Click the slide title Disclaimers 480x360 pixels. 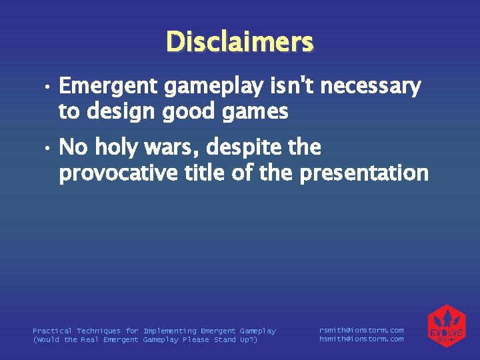point(239,42)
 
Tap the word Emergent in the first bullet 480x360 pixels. point(107,87)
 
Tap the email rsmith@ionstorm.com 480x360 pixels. point(361,330)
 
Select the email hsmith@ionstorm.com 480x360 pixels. point(361,339)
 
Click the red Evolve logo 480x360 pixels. point(446,326)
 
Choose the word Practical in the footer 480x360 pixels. point(52,331)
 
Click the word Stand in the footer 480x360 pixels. point(225,340)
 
